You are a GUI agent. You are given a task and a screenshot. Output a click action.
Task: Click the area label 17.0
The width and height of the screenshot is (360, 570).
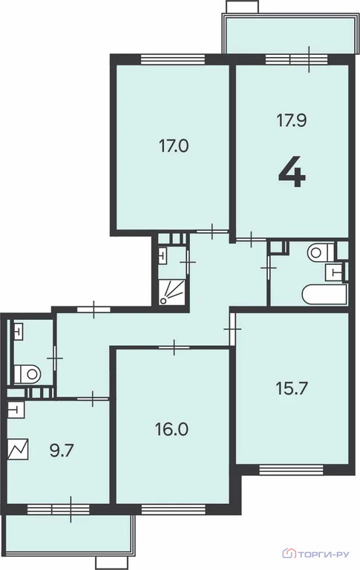[174, 146]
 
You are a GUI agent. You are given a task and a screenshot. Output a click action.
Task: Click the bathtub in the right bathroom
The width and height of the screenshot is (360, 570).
[324, 294]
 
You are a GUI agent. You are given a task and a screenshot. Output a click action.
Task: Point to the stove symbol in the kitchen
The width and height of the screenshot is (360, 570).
[19, 449]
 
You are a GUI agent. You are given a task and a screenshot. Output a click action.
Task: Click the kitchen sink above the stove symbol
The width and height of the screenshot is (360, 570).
[16, 409]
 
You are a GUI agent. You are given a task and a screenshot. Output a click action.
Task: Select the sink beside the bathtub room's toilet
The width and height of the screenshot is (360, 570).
[338, 272]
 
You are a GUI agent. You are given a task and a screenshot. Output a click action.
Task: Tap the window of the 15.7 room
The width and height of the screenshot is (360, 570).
[291, 469]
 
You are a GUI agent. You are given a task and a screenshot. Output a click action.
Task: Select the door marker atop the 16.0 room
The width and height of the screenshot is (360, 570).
[173, 345]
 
